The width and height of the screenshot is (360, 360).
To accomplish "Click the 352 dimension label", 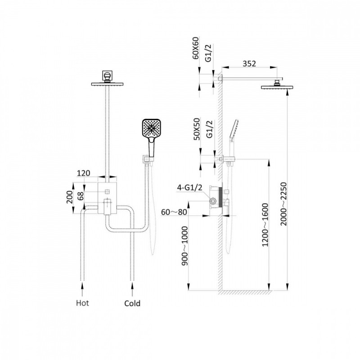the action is (x=249, y=63).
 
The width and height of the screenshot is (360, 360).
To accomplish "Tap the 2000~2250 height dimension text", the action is (x=284, y=204).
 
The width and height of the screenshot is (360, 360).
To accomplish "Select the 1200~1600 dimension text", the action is (x=265, y=225).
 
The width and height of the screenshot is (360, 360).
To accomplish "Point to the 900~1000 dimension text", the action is (x=184, y=246).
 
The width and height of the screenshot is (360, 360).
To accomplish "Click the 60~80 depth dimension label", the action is (x=174, y=212).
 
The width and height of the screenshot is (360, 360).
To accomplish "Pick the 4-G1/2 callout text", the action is (x=189, y=188).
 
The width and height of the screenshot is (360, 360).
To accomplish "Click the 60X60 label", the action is (x=196, y=48).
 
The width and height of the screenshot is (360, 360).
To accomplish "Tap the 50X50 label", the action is (x=197, y=129).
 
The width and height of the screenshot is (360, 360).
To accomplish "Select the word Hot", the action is (x=82, y=303).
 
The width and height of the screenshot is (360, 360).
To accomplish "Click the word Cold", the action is (x=132, y=303).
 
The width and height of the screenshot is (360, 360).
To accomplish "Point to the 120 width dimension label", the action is (x=83, y=173).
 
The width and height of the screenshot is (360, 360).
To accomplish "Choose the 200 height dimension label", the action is (x=70, y=197).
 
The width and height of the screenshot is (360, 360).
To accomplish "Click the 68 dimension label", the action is (x=81, y=196).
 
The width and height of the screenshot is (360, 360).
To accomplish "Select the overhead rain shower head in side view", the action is (x=277, y=87).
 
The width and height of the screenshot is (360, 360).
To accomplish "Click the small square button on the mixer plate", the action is (x=107, y=192).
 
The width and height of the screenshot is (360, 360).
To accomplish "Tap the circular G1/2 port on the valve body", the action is (x=213, y=201).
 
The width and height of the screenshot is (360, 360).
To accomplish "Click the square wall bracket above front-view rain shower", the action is (x=107, y=75).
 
